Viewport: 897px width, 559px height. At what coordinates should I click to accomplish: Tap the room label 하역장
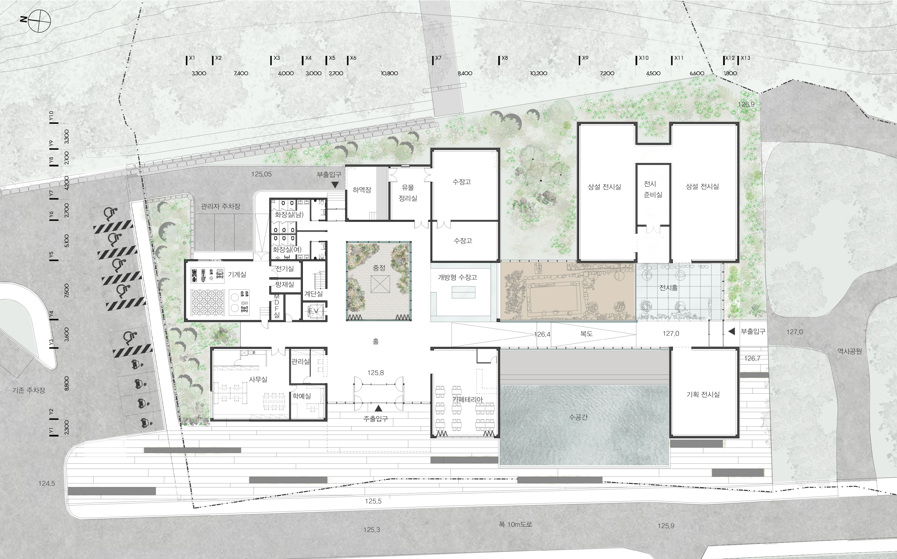362,190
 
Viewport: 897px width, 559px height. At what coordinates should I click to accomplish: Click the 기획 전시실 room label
703,395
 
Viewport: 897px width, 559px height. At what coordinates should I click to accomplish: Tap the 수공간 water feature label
578,417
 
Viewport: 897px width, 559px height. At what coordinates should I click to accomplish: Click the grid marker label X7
438,58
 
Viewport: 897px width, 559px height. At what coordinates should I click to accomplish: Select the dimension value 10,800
389,73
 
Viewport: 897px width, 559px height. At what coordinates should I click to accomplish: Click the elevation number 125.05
262,174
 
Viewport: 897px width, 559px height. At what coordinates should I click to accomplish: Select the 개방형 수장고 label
458,277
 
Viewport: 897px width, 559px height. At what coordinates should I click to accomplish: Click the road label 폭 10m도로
515,524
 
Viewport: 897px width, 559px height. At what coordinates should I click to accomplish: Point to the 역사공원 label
850,351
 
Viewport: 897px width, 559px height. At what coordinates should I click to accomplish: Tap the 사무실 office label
258,379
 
